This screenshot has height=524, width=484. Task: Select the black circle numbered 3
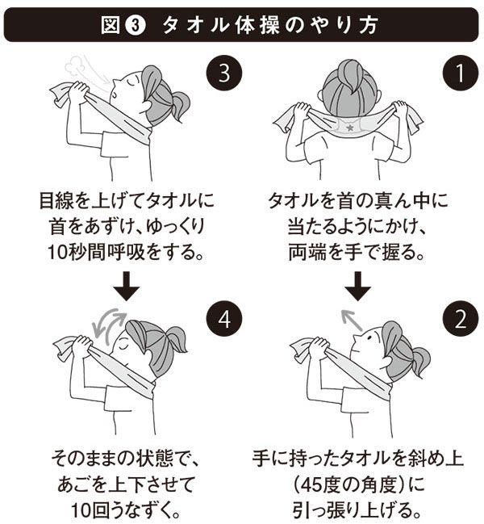pyautogui.click(x=224, y=73)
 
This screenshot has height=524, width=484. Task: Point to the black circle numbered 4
pyautogui.click(x=224, y=319)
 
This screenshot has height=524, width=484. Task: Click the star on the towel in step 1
pyautogui.click(x=349, y=127)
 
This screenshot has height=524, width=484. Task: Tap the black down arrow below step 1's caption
pyautogui.click(x=357, y=286)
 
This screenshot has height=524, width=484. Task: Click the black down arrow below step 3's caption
pyautogui.click(x=126, y=286)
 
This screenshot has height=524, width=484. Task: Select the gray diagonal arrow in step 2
pyautogui.click(x=351, y=320)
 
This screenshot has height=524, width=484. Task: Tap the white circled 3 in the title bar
pyautogui.click(x=136, y=25)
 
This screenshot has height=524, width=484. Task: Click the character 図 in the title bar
pyautogui.click(x=111, y=25)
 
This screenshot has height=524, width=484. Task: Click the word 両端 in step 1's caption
pyautogui.click(x=307, y=252)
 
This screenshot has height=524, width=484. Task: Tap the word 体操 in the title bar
pyautogui.click(x=257, y=25)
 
